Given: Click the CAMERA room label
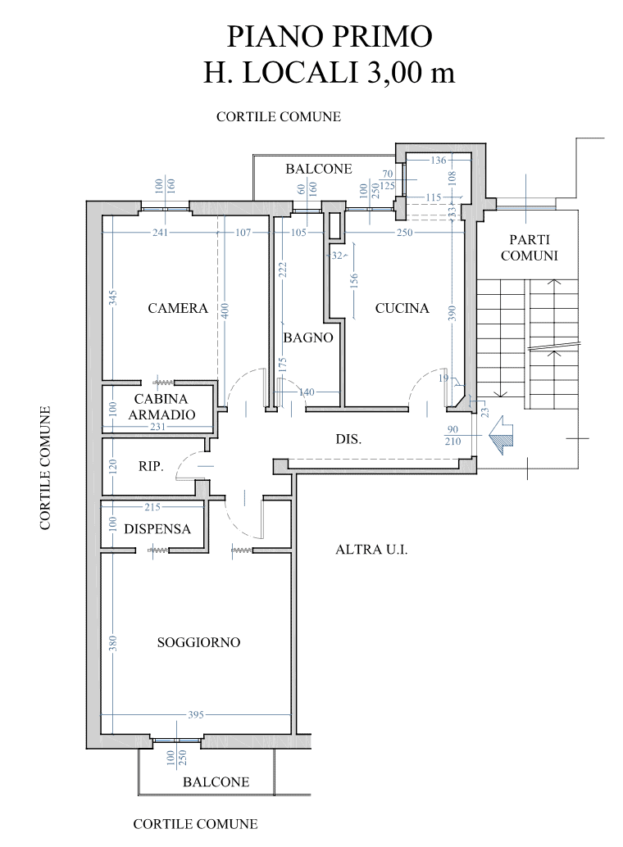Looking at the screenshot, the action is tap(178, 309).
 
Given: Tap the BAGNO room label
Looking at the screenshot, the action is tap(308, 338).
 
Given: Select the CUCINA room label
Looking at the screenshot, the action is tap(402, 309).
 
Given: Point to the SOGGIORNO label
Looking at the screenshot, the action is tap(198, 642).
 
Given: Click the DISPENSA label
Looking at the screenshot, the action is tap(157, 529).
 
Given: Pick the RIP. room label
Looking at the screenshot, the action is tap(151, 466).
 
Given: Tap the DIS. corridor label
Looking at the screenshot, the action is tap(348, 439).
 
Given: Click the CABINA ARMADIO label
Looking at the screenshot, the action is tap(161, 407).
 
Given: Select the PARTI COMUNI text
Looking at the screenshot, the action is tap(529, 248).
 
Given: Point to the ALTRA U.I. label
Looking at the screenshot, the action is tap(371, 550).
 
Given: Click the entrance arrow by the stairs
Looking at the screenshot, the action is tap(500, 436).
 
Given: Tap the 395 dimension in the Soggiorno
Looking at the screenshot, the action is tap(196, 714).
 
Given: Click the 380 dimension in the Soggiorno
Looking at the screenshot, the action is tap(113, 643).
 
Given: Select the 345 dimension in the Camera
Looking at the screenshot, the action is tap(113, 297).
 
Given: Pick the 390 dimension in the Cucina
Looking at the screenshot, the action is tap(452, 313).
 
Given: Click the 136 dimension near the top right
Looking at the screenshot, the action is tap(439, 160).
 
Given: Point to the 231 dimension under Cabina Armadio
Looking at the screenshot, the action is tap(158, 427).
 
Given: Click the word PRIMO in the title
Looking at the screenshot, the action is tap(382, 37).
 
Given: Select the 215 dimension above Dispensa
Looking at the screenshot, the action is tap(152, 507).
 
